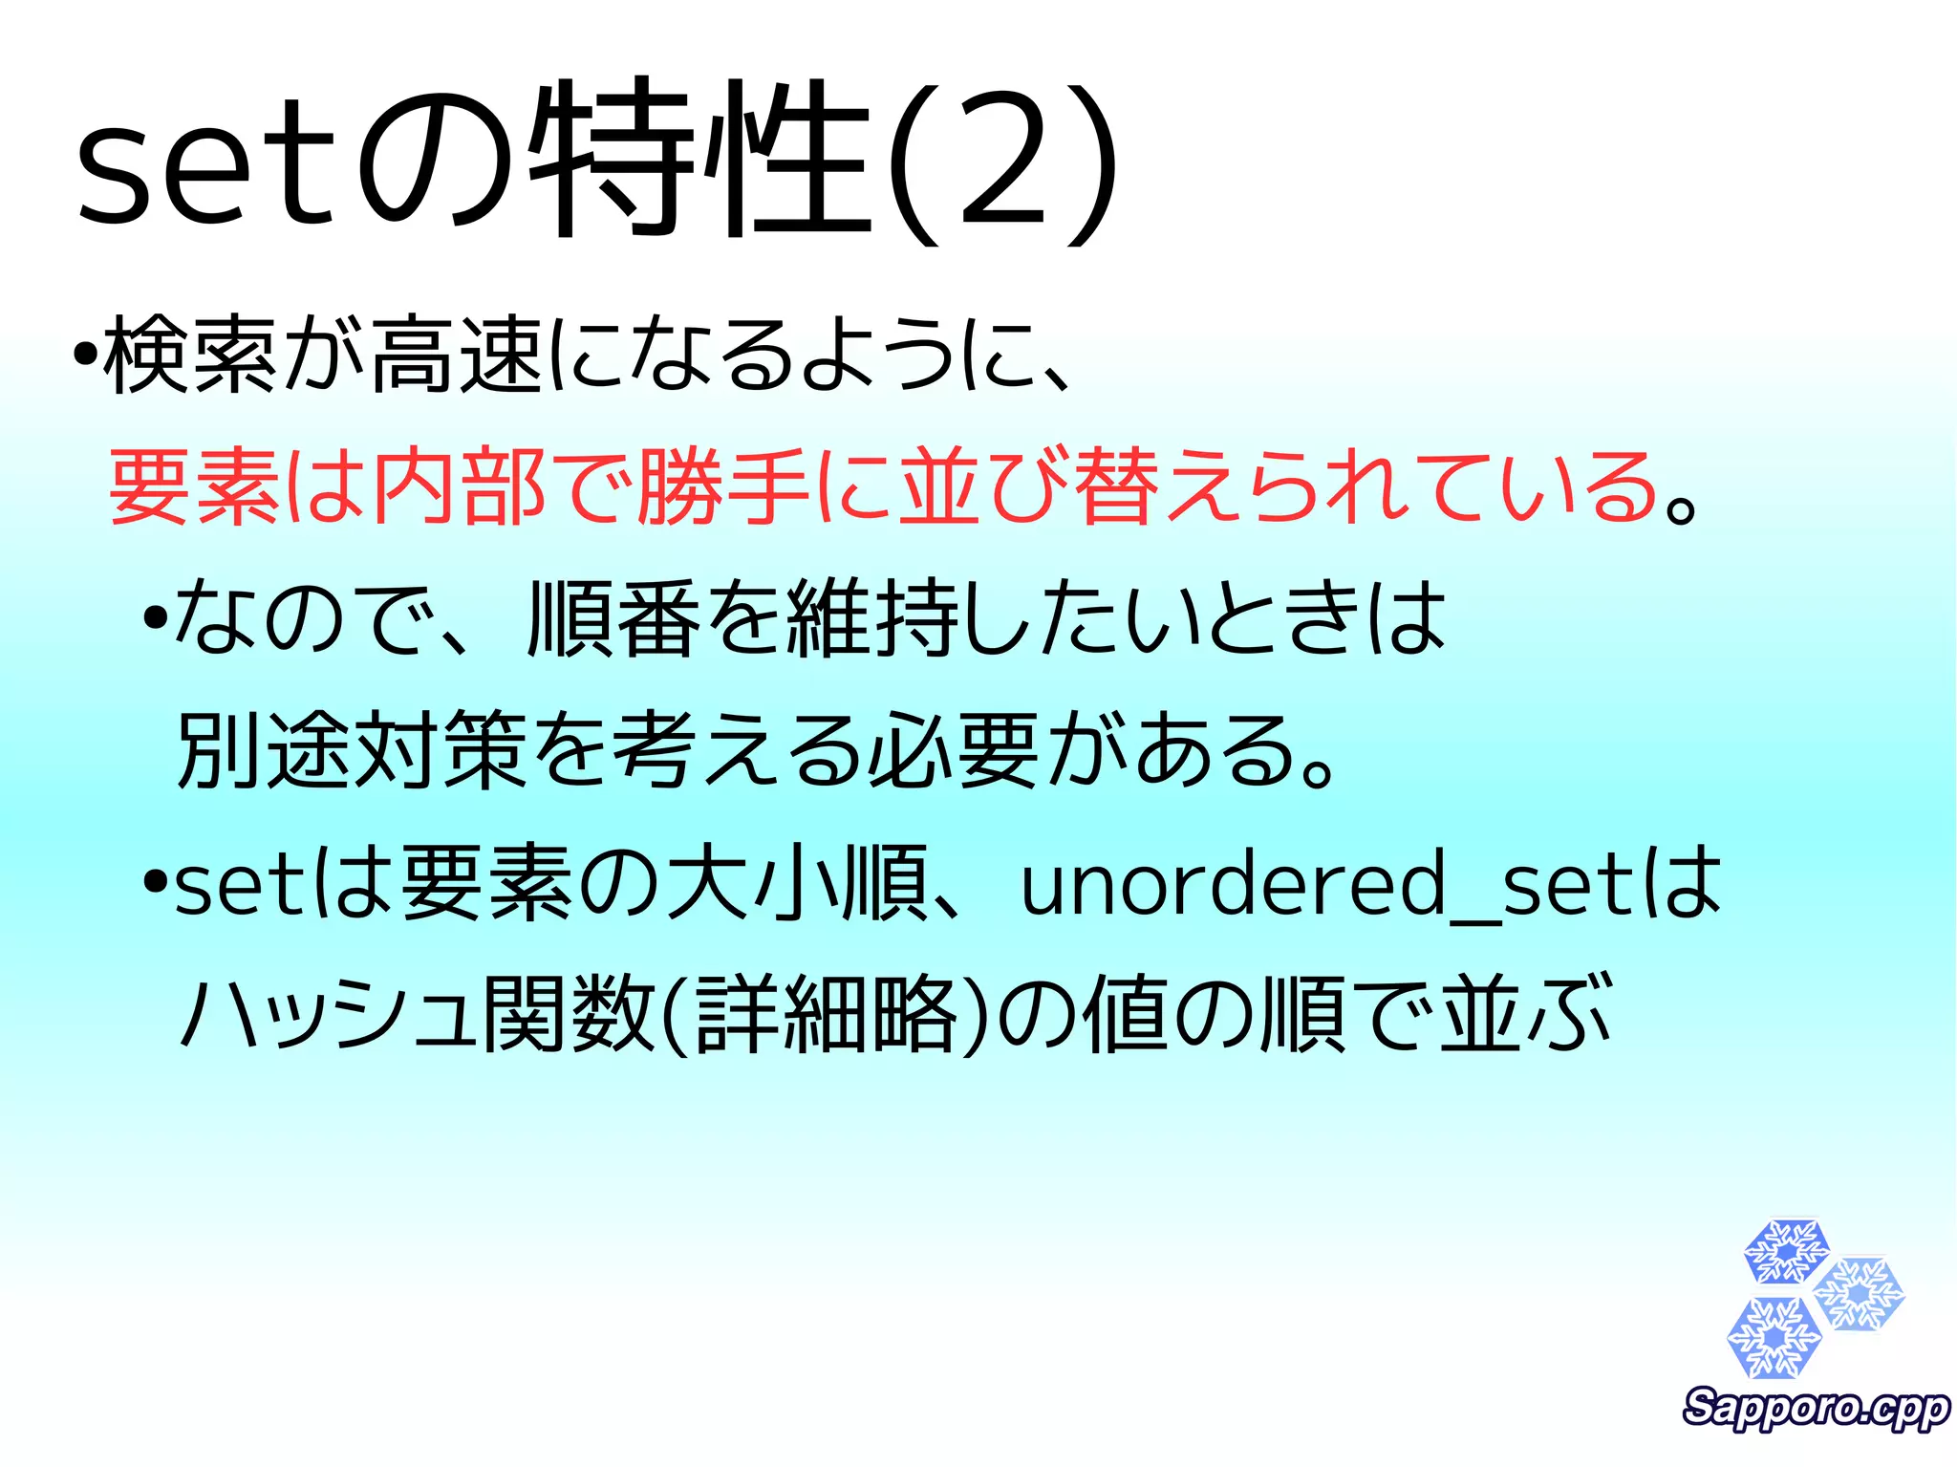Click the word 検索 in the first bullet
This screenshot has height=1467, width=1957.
click(190, 356)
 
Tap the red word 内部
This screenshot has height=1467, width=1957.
click(459, 487)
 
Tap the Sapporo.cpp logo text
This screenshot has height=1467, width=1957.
click(1816, 1408)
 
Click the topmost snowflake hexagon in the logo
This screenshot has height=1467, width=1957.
click(1785, 1251)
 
